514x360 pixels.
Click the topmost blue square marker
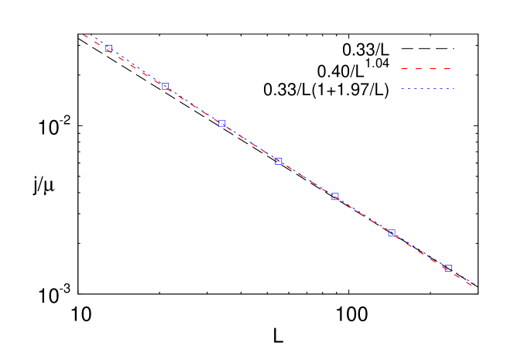tap(109, 49)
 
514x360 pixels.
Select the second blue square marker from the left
tap(165, 86)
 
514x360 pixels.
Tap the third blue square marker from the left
tap(222, 123)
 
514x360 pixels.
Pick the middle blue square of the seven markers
tap(279, 161)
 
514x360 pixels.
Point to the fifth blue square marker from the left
tap(335, 197)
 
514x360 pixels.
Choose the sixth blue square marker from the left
tap(392, 232)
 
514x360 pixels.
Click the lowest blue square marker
tap(447, 268)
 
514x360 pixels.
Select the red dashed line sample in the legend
tap(426, 69)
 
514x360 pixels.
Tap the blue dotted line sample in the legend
tap(427, 89)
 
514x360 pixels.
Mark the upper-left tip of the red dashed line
tap(84, 34)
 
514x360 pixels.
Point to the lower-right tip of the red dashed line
tap(473, 286)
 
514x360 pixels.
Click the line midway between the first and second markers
tap(137, 67)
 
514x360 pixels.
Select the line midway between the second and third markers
tap(194, 105)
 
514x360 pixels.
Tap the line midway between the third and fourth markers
tap(250, 142)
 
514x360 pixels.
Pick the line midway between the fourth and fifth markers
tap(307, 179)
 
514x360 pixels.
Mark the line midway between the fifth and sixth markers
tap(363, 214)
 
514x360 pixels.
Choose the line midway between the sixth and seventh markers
tap(420, 250)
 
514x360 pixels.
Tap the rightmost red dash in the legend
tap(447, 69)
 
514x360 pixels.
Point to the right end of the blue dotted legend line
tap(453, 89)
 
